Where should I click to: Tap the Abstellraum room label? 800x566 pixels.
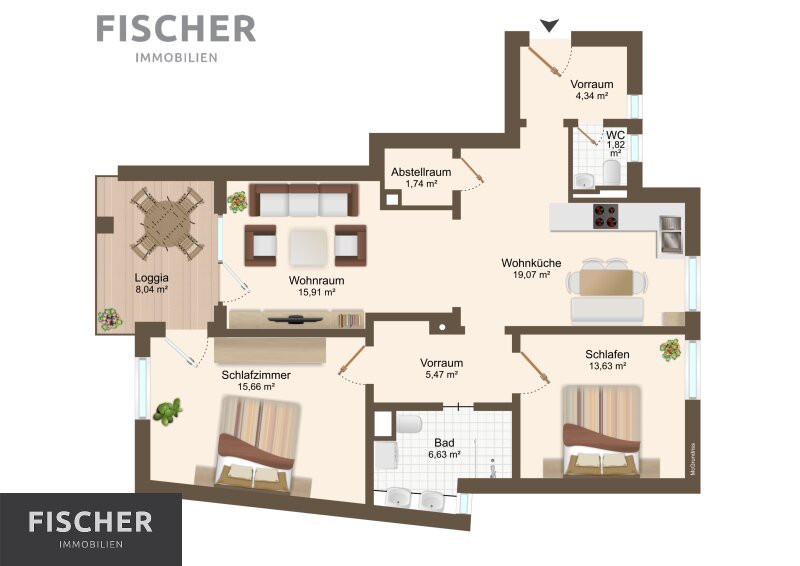[421, 172]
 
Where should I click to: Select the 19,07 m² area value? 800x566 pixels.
[531, 275]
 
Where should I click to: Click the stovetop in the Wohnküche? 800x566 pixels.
[605, 215]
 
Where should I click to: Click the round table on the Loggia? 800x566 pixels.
[167, 223]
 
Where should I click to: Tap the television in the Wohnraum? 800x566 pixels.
[295, 319]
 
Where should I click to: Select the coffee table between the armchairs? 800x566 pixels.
[308, 247]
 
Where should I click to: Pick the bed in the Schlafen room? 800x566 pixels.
[601, 430]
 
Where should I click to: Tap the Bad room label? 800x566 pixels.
[444, 442]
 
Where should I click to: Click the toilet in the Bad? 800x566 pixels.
[410, 424]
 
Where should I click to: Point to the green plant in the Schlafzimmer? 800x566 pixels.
[167, 411]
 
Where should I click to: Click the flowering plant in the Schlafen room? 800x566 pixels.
[670, 350]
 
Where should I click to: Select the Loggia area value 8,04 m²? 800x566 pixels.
[152, 289]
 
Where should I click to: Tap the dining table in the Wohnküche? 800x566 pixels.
[606, 282]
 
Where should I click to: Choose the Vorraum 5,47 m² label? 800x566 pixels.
[441, 368]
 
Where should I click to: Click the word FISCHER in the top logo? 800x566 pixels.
[176, 29]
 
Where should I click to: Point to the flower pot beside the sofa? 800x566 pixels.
[237, 202]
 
